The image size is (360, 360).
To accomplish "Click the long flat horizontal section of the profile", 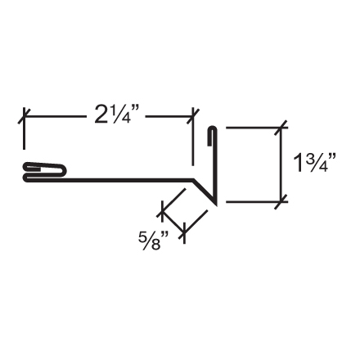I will click(x=131, y=177).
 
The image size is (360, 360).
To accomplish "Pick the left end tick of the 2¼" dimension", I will click(x=23, y=116).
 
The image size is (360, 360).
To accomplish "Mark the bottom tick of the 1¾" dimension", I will click(x=283, y=200).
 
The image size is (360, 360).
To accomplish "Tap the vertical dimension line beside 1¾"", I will click(x=283, y=164).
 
